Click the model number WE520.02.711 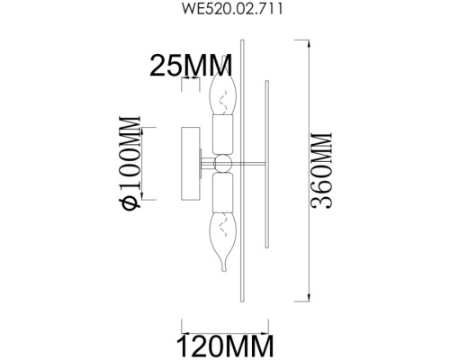click(225, 13)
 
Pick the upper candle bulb click(220, 94)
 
